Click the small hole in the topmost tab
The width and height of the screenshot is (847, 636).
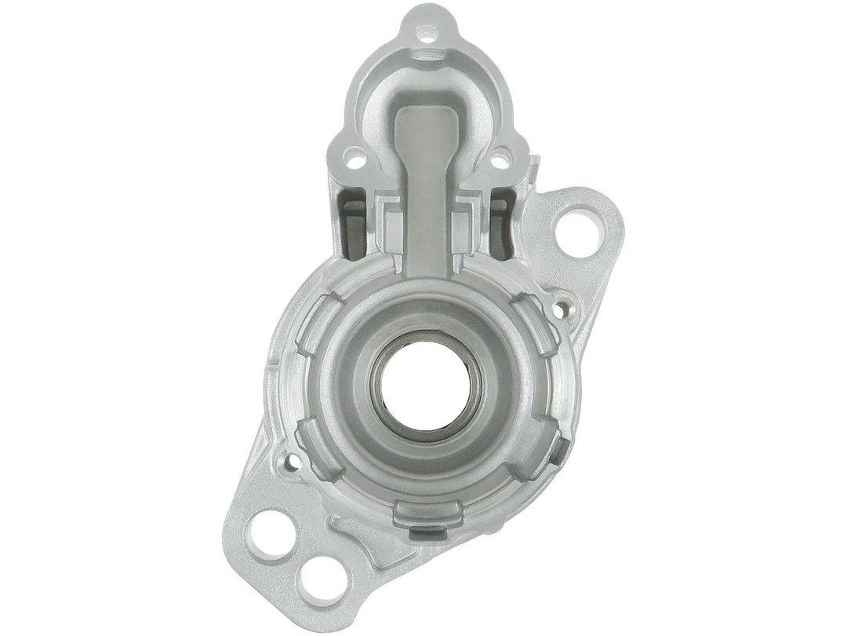(x=427, y=32)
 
